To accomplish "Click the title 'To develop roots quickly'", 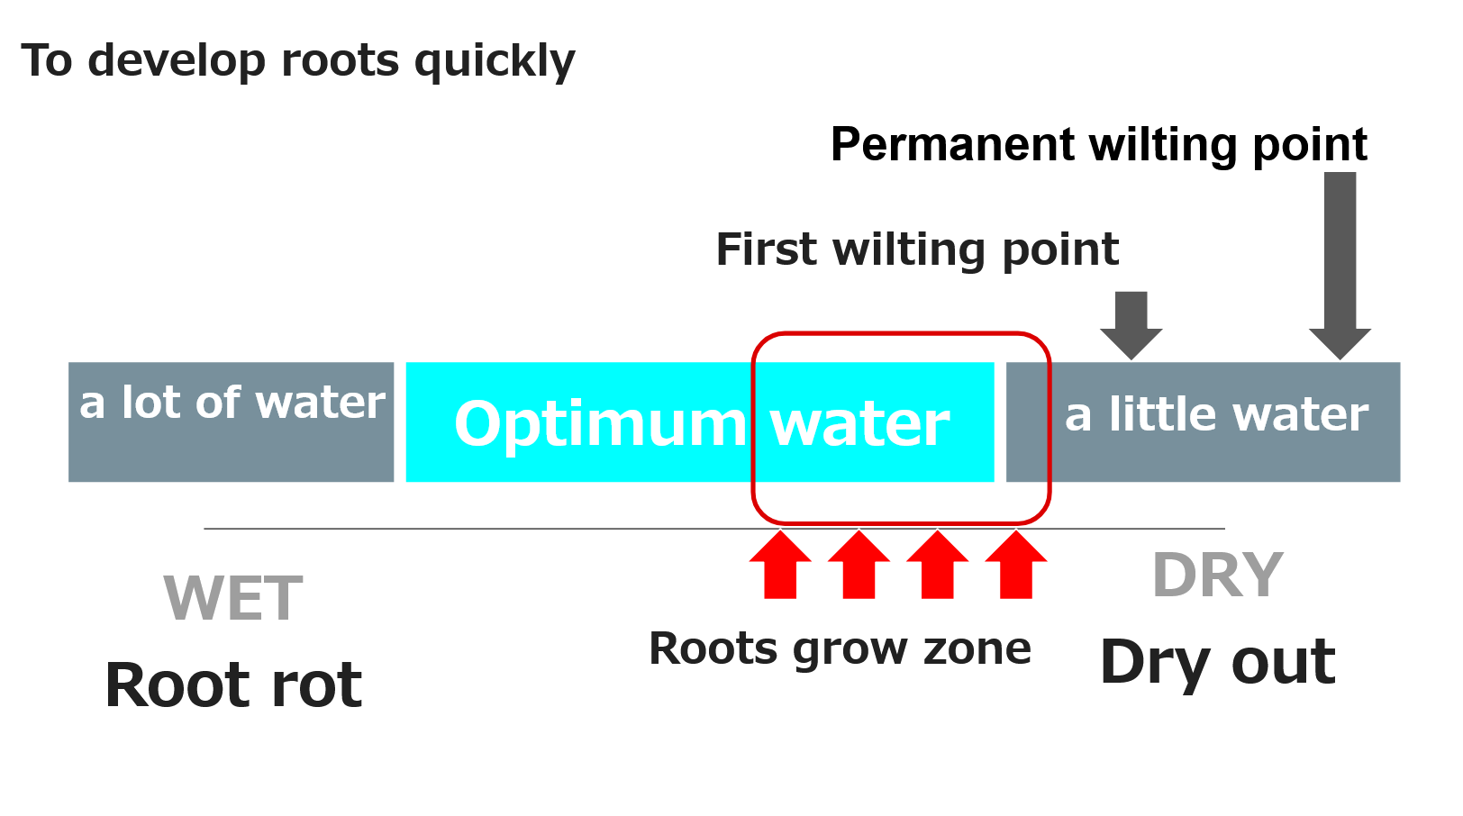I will pos(297,61).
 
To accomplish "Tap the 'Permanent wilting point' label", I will pos(1098,145).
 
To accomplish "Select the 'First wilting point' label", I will pos(916,249).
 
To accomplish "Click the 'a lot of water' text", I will pos(232,403).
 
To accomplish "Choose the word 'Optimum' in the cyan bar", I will pos(600,424).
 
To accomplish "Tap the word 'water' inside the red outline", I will pos(859,424).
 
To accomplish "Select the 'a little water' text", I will pos(1216,415).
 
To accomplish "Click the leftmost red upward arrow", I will pos(780,566).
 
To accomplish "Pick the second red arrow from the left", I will pos(859,566).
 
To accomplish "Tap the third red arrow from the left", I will pos(937,566).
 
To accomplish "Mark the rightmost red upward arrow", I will pos(1015,566).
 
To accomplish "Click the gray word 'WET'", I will pos(232,598).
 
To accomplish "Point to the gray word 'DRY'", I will pos(1217,576).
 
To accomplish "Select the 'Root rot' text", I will pos(232,685).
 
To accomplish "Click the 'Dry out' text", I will pos(1217,662).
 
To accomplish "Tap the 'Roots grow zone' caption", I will pos(840,648).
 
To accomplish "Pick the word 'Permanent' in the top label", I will pos(952,145).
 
